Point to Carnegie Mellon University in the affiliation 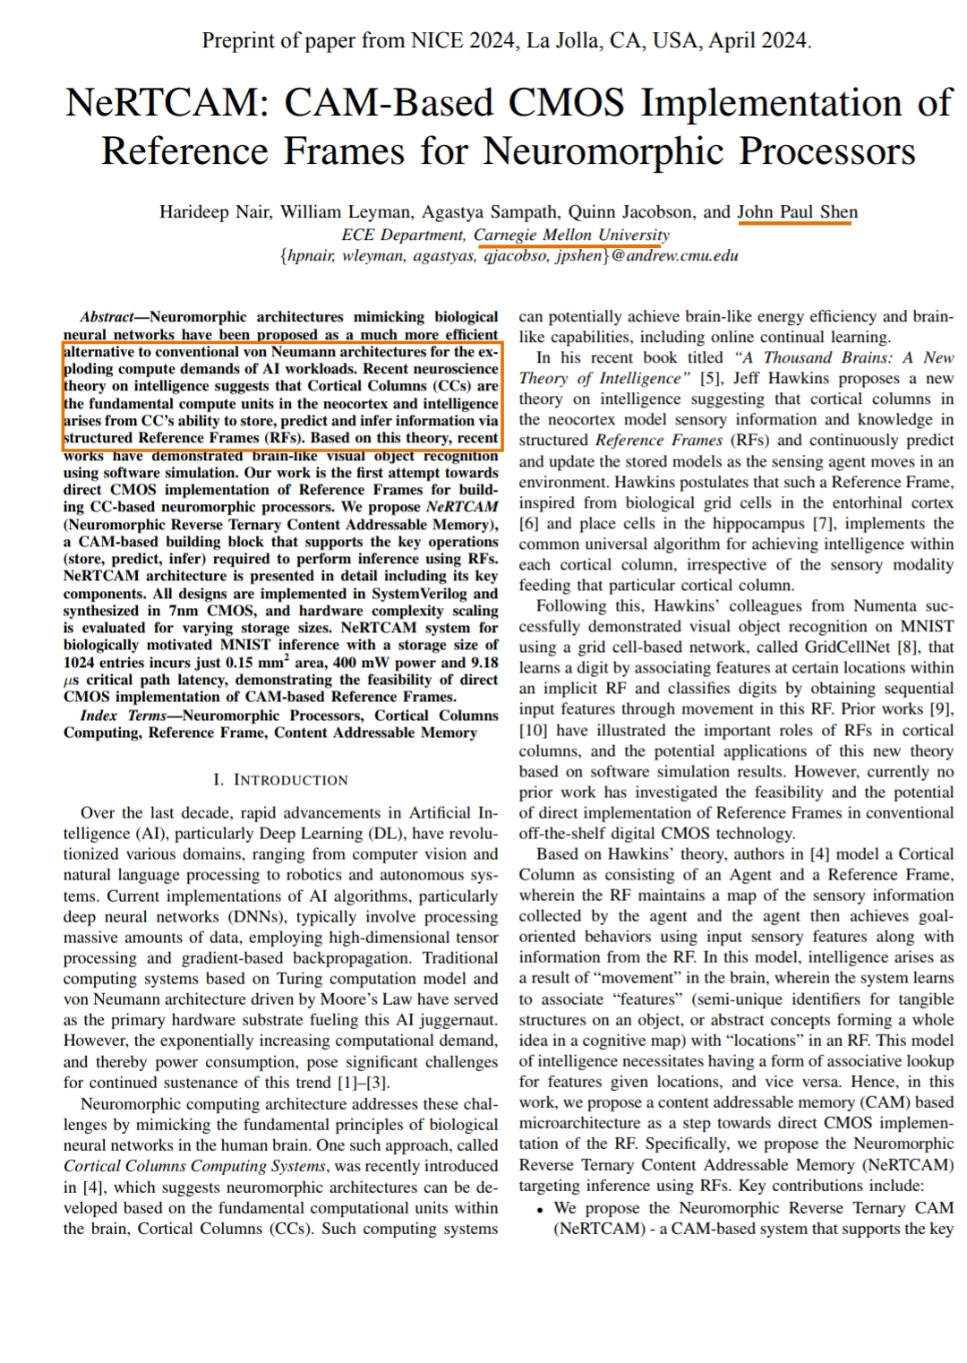[571, 235]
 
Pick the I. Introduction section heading [280, 780]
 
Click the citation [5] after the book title [710, 379]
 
